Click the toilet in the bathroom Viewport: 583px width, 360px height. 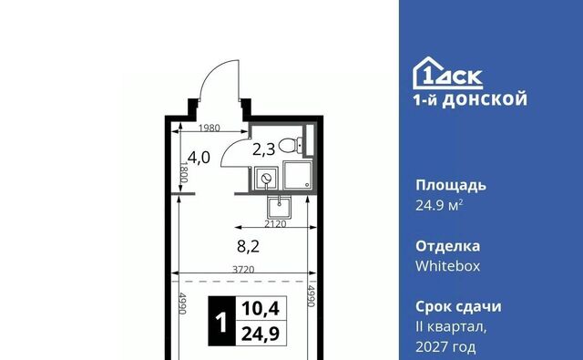click(291, 146)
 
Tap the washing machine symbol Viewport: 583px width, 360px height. click(266, 179)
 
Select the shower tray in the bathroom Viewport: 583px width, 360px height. click(298, 175)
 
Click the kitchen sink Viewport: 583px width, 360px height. click(280, 207)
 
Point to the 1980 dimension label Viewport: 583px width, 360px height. click(209, 128)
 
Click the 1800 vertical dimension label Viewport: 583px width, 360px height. click(184, 172)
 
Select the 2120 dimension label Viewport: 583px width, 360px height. click(275, 224)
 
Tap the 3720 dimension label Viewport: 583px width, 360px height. click(243, 269)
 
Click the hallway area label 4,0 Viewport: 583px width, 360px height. click(199, 158)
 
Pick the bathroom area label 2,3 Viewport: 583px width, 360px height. click(263, 149)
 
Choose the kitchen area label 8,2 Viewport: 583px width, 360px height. click(248, 246)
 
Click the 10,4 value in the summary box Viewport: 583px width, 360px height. click(261, 309)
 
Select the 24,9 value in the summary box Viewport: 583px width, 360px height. click(261, 334)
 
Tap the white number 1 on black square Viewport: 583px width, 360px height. click(221, 322)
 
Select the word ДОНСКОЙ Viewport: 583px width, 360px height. click(485, 99)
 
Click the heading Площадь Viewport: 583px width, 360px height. click(451, 186)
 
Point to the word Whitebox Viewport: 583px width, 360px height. click(447, 266)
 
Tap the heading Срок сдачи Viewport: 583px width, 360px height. click(458, 307)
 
